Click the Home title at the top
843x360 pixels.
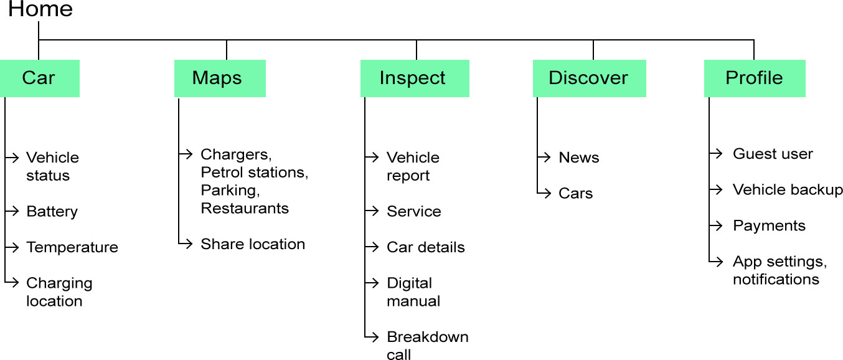[x=40, y=9]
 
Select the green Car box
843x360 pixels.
[x=39, y=78]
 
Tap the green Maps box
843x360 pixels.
[x=219, y=78]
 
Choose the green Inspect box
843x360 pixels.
[x=414, y=78]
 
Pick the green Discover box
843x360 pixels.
[x=589, y=78]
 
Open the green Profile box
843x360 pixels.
[x=754, y=78]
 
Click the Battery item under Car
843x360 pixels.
[x=52, y=212]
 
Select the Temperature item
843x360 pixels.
[x=72, y=247]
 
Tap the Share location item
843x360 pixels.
[x=252, y=244]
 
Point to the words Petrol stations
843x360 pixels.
[x=254, y=172]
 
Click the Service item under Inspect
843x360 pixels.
[x=413, y=212]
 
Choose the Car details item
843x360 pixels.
[x=425, y=247]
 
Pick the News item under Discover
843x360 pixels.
[x=578, y=158]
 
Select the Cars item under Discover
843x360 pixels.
[x=575, y=194]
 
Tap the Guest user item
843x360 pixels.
[x=772, y=154]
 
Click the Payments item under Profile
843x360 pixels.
[x=769, y=226]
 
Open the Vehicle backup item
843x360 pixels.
[x=788, y=190]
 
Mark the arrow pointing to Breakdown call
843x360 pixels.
[x=372, y=337]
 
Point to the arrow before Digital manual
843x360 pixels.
[x=372, y=283]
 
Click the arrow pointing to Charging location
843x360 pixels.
[x=12, y=283]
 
